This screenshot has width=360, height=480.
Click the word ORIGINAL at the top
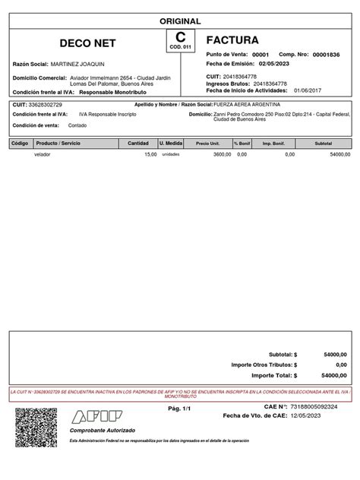179,22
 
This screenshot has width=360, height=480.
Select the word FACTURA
232,39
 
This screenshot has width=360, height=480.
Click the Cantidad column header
138,143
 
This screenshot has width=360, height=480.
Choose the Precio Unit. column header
207,143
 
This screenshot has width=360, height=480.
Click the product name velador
43,154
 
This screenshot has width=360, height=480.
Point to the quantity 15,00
150,154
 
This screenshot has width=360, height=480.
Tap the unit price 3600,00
221,154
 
